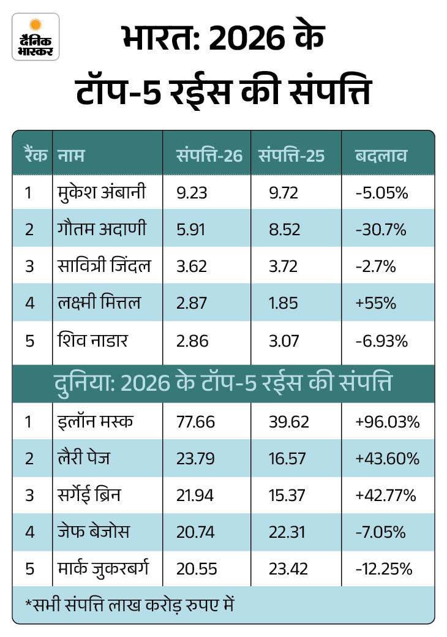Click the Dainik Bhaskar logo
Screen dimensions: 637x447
click(x=36, y=37)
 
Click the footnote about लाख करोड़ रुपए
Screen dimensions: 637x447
click(x=130, y=605)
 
